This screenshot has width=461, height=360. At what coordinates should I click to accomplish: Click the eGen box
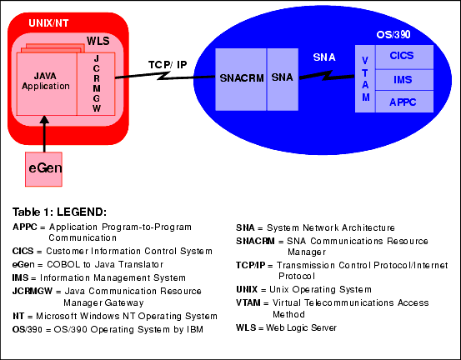click(x=43, y=169)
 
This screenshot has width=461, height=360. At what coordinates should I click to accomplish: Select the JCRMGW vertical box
click(x=96, y=84)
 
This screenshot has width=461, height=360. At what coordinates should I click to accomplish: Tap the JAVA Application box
click(x=47, y=84)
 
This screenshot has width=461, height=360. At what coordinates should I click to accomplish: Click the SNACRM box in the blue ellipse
click(x=241, y=79)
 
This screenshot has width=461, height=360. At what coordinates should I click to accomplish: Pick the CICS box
click(x=404, y=57)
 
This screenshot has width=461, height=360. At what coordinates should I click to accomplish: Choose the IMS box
click(x=404, y=80)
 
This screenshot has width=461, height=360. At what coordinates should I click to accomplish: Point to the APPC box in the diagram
click(x=404, y=102)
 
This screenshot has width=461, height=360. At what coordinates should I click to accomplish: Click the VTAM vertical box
click(x=365, y=78)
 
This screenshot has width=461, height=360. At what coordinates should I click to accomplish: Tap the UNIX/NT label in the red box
click(x=48, y=23)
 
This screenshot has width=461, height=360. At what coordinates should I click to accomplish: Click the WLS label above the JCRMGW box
click(x=98, y=41)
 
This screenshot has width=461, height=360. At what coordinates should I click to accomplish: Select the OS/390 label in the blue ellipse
click(x=393, y=35)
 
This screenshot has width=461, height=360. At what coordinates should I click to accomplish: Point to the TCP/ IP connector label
click(x=168, y=65)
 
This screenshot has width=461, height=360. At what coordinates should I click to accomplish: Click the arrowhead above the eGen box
click(x=44, y=120)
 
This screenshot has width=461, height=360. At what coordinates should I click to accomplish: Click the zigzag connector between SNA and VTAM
click(x=327, y=76)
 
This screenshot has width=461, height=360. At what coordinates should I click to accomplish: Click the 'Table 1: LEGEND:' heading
click(x=59, y=212)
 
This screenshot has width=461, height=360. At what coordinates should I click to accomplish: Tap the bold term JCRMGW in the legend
click(x=33, y=291)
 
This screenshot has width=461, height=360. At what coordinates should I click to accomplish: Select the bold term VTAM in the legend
click(x=248, y=302)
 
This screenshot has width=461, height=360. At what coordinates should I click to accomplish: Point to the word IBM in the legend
click(x=195, y=329)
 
